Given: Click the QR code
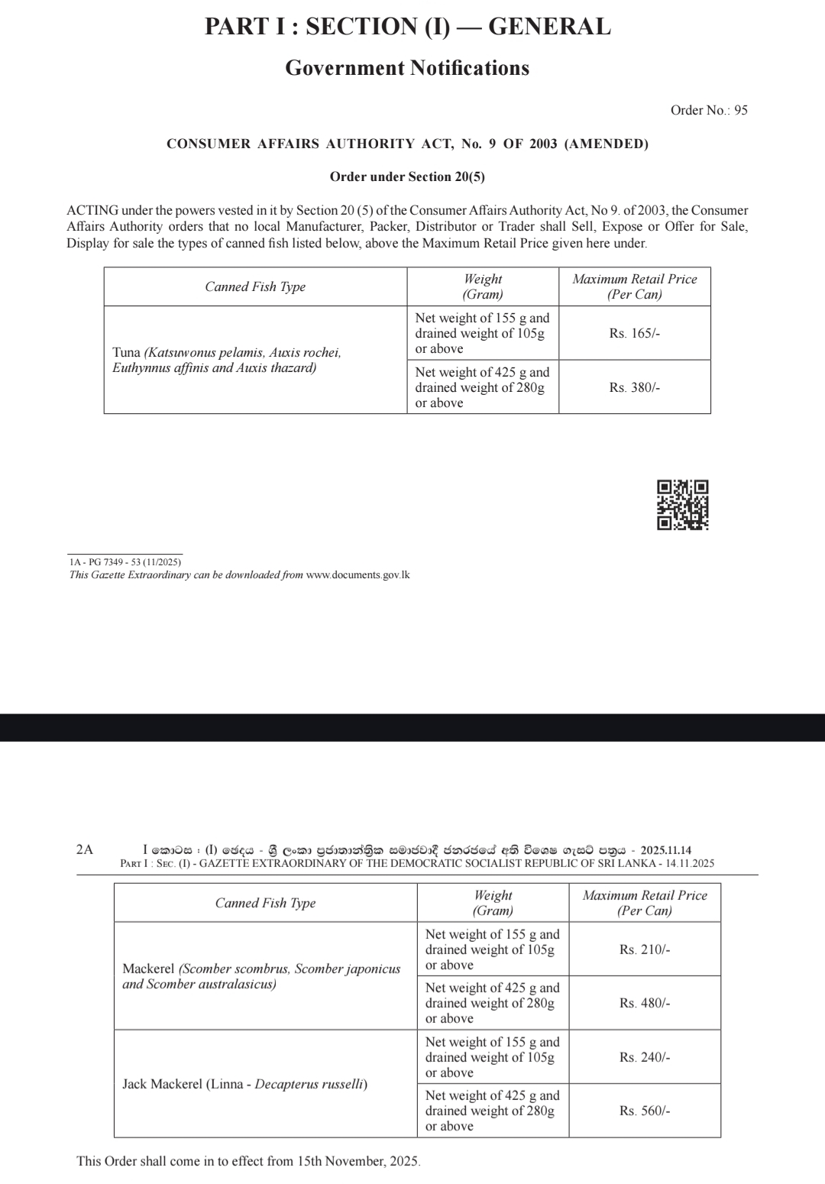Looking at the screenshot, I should point(682,505).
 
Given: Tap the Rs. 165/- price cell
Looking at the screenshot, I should point(634,333).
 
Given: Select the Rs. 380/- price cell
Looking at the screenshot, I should point(634,387).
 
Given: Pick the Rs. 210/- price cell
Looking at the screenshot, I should point(645,949).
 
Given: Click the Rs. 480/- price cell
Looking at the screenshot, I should point(645,1003).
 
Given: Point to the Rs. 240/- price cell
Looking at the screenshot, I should point(645,1057).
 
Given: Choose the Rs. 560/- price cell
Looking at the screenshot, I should point(645,1111).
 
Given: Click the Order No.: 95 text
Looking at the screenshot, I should point(709,110).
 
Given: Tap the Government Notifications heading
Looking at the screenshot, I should point(407,68).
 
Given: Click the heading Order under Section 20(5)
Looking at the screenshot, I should point(407,176).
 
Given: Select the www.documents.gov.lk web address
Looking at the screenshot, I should point(357,574).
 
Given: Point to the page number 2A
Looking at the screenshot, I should point(85,849).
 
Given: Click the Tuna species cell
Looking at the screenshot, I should point(227,361).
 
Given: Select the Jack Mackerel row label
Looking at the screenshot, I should point(244,1084).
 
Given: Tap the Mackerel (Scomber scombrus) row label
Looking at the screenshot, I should point(261,976).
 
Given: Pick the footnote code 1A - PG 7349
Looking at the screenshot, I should point(125,562).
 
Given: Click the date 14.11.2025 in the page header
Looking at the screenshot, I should point(690,863).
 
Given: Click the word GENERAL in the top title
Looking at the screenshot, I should point(549,27).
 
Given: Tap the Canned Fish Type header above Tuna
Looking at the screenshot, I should point(255,286).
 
